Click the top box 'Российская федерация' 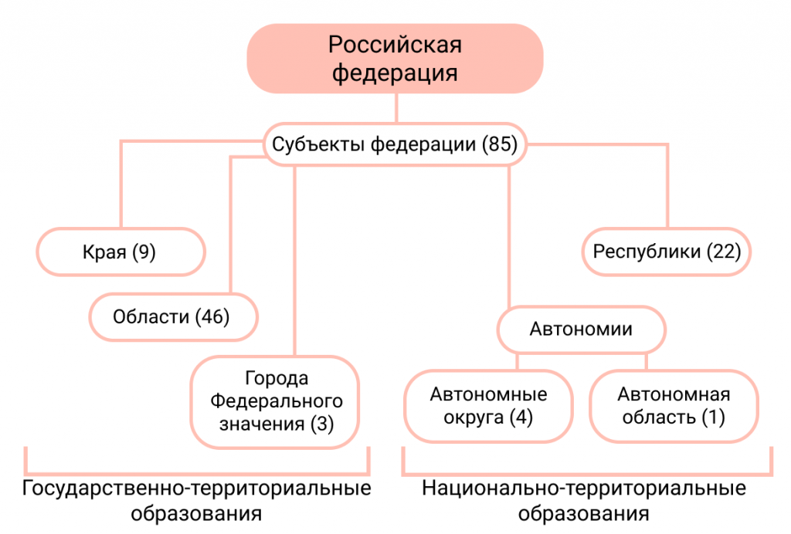[x=395, y=59]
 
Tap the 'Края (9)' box [x=121, y=252]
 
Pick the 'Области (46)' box [x=173, y=316]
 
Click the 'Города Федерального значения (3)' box [x=277, y=401]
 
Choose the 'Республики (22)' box [x=666, y=252]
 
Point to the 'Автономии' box [x=581, y=330]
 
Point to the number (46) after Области [x=212, y=316]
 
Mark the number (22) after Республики [x=723, y=252]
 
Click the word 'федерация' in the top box [x=395, y=74]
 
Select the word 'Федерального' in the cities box [x=277, y=401]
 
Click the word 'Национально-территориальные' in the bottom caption [x=584, y=489]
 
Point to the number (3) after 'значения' [x=321, y=424]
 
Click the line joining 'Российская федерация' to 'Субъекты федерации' [x=395, y=108]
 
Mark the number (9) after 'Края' [x=143, y=252]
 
